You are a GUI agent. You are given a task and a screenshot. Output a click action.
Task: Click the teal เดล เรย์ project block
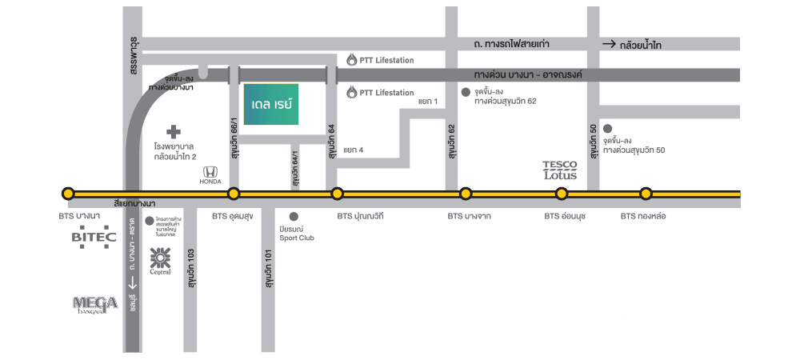click(271, 104)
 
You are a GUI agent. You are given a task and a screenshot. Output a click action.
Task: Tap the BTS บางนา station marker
click(68, 193)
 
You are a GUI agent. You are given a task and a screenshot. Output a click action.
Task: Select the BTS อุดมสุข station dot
click(234, 193)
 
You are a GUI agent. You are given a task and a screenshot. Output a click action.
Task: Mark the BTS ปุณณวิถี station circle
click(337, 193)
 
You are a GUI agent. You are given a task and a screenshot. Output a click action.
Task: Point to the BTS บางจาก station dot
click(465, 193)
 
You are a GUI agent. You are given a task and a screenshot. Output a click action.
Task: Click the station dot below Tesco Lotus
click(562, 193)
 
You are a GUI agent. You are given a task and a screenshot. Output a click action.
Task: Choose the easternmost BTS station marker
click(646, 193)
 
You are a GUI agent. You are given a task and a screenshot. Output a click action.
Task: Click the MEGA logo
click(96, 304)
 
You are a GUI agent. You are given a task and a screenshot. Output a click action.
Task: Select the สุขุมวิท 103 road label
click(191, 269)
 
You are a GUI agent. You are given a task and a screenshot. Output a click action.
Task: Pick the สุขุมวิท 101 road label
click(270, 270)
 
